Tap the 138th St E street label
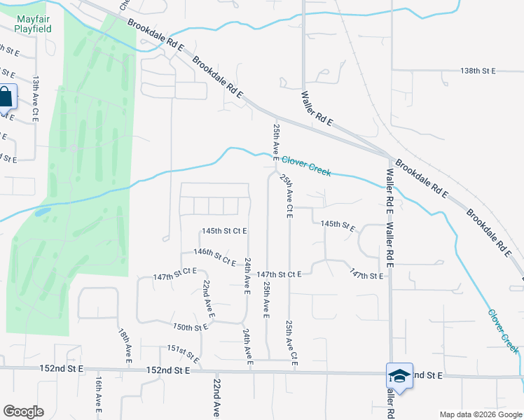click(478, 71)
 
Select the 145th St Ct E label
click(224, 231)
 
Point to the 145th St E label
click(338, 225)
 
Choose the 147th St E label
click(367, 276)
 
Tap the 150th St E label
click(191, 327)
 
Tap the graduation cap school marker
click(399, 376)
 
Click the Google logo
click(23, 412)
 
